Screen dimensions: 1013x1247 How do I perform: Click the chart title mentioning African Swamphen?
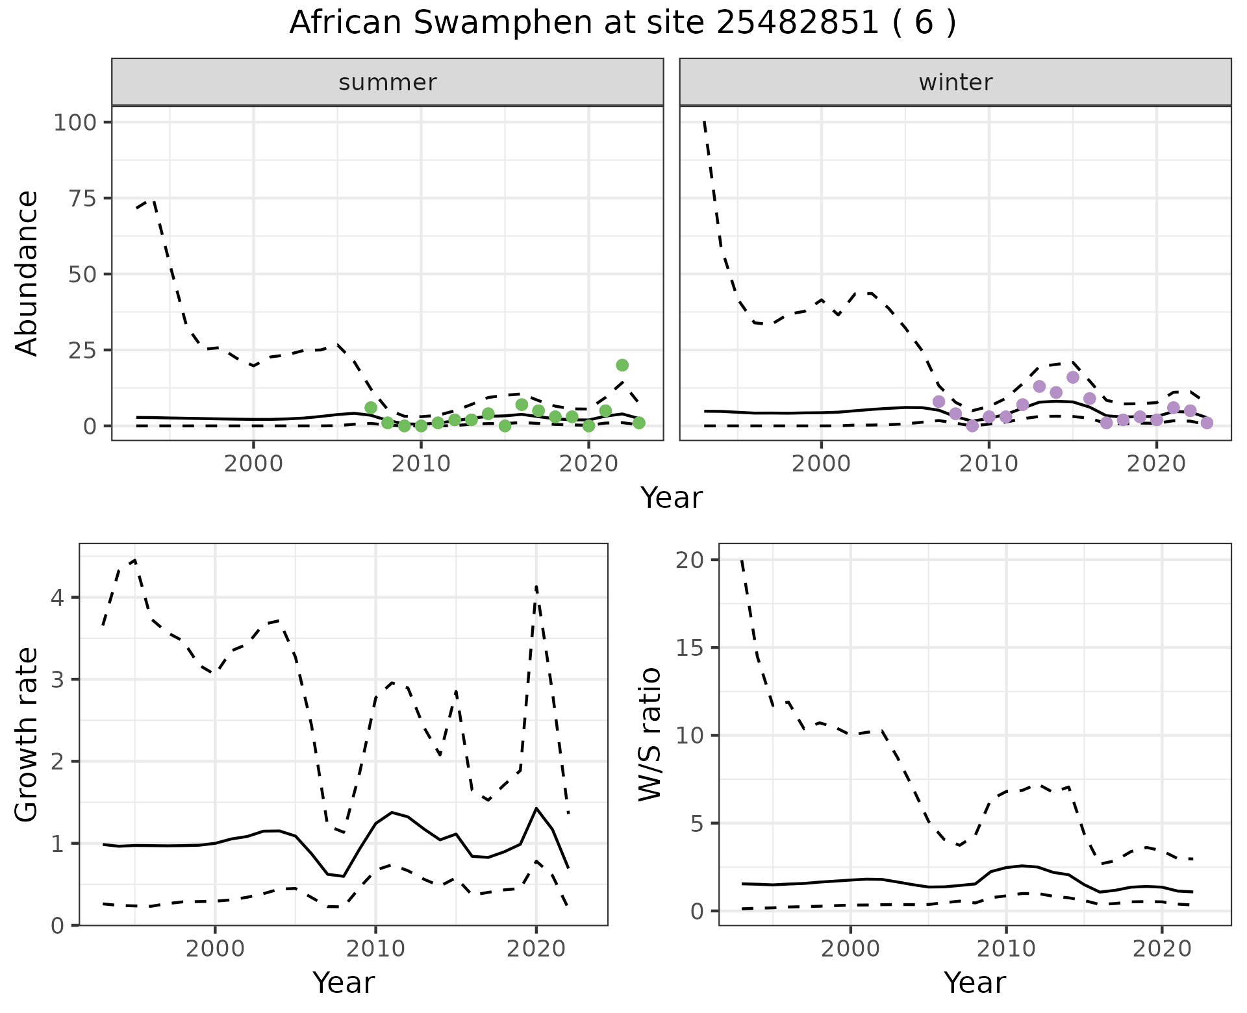(x=622, y=23)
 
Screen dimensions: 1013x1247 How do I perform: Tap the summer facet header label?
(x=388, y=82)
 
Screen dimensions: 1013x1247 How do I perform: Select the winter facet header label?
(x=955, y=82)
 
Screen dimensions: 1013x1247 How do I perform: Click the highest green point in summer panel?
(x=622, y=365)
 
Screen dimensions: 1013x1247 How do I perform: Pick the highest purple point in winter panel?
(x=1073, y=377)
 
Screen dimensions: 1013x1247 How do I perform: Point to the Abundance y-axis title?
(x=27, y=273)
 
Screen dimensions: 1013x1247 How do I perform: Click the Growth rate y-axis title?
(x=27, y=734)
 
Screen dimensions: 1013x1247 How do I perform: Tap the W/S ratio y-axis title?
(x=649, y=734)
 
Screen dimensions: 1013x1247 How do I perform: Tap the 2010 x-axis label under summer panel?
(x=421, y=464)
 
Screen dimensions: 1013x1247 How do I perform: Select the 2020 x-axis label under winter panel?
(x=1156, y=464)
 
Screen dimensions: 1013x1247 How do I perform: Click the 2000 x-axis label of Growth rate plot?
(x=215, y=949)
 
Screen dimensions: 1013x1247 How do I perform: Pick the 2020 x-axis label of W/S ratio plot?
(x=1161, y=949)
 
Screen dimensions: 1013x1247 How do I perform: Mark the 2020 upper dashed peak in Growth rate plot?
(x=536, y=586)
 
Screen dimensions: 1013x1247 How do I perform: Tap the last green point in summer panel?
(x=639, y=423)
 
